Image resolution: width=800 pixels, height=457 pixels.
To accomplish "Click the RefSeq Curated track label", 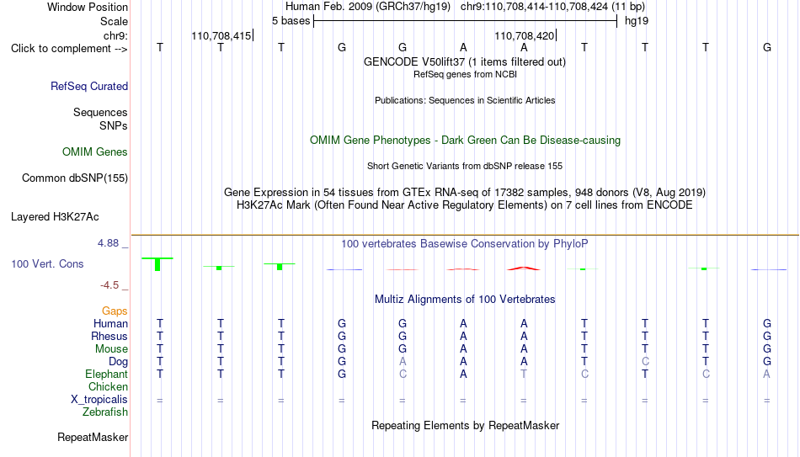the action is point(89,86).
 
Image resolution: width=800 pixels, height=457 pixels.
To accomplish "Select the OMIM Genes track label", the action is point(95,152).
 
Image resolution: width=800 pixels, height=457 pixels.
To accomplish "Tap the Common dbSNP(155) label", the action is point(75,178).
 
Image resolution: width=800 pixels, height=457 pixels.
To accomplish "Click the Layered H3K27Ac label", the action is point(55,217).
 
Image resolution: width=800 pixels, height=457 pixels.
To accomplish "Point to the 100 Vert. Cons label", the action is point(47,263).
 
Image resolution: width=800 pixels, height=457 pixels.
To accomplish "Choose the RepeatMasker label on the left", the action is point(93,437).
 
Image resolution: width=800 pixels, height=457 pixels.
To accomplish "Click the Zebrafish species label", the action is point(105,412).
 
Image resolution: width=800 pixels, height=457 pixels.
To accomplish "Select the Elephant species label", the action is point(107,374).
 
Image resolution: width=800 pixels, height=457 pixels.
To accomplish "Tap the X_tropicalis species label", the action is point(99,400).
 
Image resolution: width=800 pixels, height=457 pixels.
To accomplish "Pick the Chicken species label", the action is point(108,386).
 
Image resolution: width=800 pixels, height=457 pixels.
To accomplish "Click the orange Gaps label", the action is point(115,311).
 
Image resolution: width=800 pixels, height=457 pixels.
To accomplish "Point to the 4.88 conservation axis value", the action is point(108,243).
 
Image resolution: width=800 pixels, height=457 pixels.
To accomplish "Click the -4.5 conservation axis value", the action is point(109,285).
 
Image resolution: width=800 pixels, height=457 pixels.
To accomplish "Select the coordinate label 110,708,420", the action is point(524,35).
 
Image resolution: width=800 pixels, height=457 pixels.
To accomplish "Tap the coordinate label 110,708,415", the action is point(221,35).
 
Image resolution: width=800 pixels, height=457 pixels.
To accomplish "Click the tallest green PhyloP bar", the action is point(157,264).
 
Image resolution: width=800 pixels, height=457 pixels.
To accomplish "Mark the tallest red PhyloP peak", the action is point(524,268).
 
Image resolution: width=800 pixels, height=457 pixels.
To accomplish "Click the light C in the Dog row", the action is point(645,362).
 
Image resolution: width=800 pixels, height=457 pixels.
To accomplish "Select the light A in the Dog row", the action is point(403,362).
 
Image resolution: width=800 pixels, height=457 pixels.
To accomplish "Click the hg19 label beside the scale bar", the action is point(637,21).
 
